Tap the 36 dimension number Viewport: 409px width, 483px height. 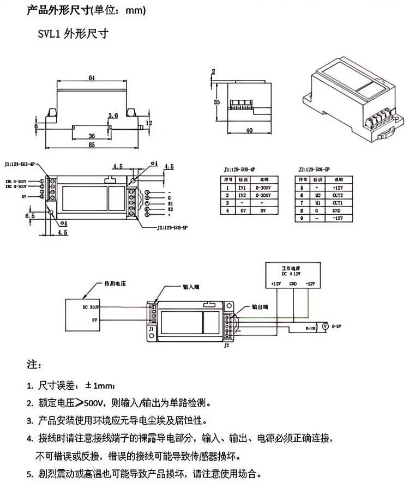click(91, 136)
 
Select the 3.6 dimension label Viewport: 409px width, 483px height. click(113, 115)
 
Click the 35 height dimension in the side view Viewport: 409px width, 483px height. click(216, 102)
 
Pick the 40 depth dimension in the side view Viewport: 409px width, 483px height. click(249, 131)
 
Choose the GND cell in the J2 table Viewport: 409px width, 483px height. click(337, 209)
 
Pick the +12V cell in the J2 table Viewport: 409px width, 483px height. click(337, 186)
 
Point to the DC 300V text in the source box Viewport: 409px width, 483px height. click(91, 307)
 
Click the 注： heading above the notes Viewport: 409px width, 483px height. click(34, 364)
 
